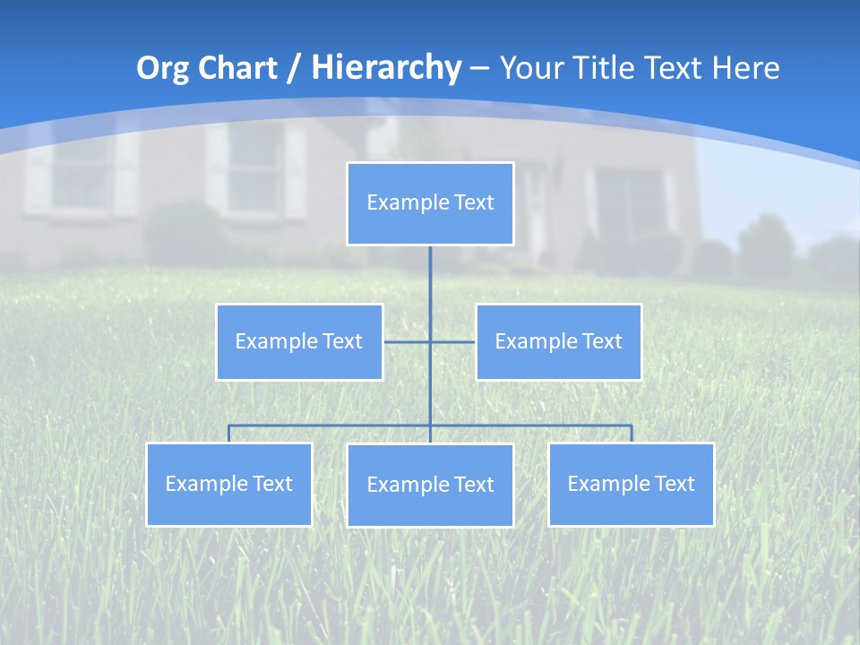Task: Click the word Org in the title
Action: coord(162,68)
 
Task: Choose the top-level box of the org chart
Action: coord(430,203)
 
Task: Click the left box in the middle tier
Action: coord(299,341)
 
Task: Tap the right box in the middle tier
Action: coord(558,341)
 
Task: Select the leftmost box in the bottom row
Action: coord(228,484)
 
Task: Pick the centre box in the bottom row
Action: coord(430,485)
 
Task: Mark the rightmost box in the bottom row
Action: coord(631,484)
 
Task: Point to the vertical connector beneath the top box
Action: coord(430,278)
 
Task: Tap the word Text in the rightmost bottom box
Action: coord(674,484)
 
